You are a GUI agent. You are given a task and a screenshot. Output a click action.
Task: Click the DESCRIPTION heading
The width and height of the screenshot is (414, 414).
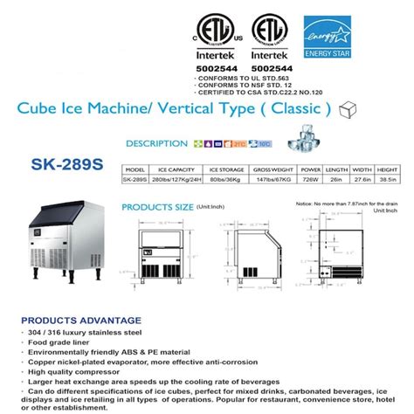(x=156, y=143)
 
